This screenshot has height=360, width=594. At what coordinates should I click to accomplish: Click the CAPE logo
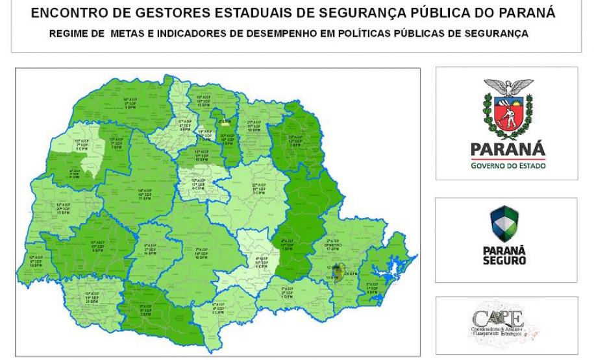pos(506,324)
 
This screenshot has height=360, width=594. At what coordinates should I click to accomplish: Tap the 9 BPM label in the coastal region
pos(372,293)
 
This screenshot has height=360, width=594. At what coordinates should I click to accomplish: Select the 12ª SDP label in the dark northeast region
pos(295,141)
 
